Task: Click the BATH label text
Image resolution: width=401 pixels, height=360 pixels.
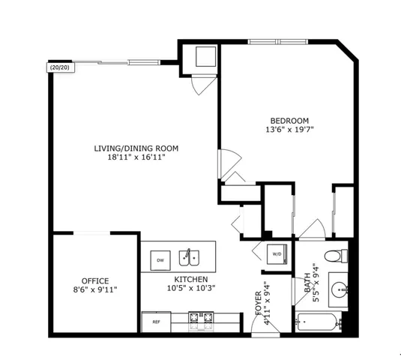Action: click(x=307, y=283)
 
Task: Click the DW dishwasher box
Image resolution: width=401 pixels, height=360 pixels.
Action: click(x=160, y=260)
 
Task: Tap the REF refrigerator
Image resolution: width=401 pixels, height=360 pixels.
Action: click(x=157, y=321)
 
